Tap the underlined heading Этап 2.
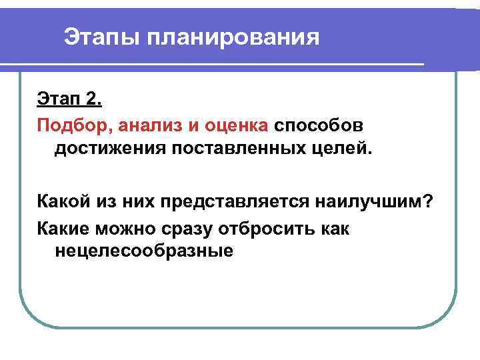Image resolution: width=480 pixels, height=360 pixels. pyautogui.click(x=69, y=99)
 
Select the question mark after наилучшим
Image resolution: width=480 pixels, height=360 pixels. pyautogui.click(x=431, y=202)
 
